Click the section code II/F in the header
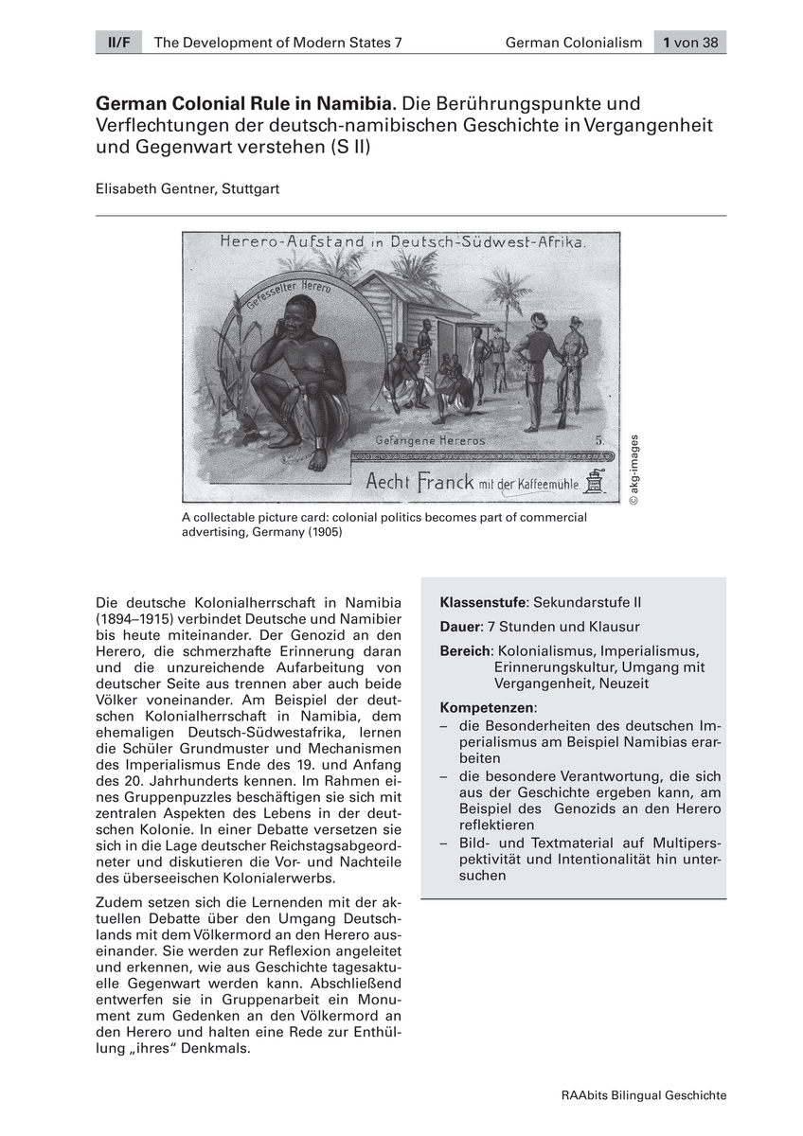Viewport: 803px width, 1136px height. (x=117, y=43)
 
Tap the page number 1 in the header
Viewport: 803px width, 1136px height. (x=668, y=43)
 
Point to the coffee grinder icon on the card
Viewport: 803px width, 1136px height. (x=595, y=482)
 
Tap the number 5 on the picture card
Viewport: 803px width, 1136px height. (x=599, y=440)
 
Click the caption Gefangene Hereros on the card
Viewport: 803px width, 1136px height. (x=430, y=441)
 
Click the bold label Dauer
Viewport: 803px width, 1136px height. (x=460, y=627)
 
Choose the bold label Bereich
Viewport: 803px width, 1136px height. (x=466, y=651)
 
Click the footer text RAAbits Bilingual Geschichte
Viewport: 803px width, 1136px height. (x=644, y=1095)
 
